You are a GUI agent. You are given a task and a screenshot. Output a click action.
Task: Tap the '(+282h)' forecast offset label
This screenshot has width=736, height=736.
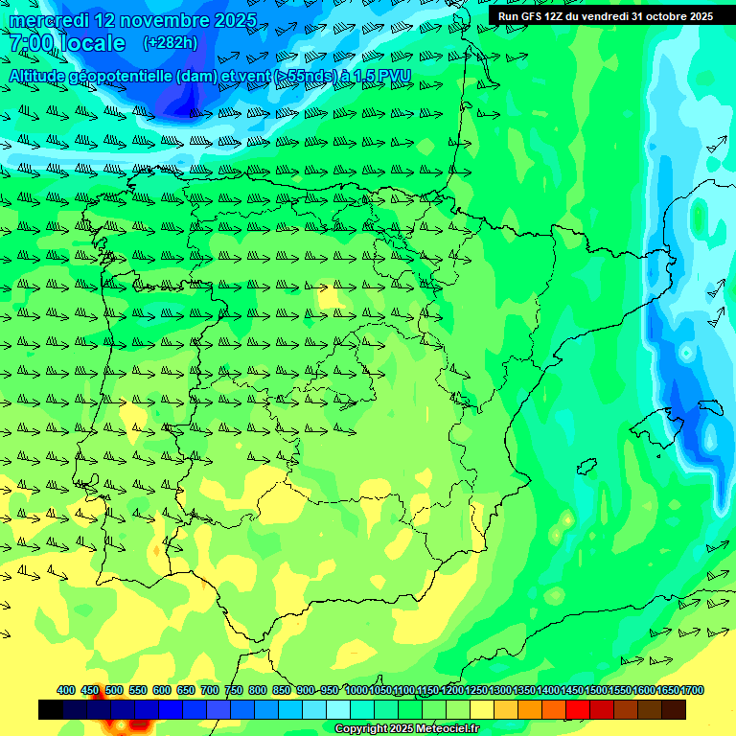coord(170,43)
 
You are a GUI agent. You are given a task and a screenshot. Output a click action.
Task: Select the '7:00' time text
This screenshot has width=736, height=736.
coord(30,43)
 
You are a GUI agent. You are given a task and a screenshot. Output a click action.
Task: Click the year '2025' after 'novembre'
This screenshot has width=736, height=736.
coord(232,20)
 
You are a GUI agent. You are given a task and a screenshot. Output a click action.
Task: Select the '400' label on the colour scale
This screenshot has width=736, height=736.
coord(66,691)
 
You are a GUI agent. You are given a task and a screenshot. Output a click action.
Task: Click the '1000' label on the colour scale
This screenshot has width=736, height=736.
coord(356,691)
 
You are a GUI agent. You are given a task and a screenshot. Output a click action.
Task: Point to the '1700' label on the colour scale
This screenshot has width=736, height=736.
coord(692,691)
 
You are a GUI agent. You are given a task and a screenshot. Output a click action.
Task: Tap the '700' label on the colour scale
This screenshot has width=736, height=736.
coord(209,691)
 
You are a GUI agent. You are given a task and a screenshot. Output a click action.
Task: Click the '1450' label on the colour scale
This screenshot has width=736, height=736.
coord(572,691)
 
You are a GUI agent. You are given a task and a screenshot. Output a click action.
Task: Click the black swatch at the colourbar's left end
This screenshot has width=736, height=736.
coord(51,709)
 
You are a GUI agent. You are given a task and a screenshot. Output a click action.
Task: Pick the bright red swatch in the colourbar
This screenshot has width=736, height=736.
coord(578,709)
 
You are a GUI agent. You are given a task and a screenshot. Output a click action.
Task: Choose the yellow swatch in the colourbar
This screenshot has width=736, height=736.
coord(482,709)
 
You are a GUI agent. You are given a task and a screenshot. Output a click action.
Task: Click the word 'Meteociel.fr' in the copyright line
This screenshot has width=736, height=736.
coord(448,729)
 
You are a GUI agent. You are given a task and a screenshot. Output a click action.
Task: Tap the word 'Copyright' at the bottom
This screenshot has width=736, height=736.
coord(360,729)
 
